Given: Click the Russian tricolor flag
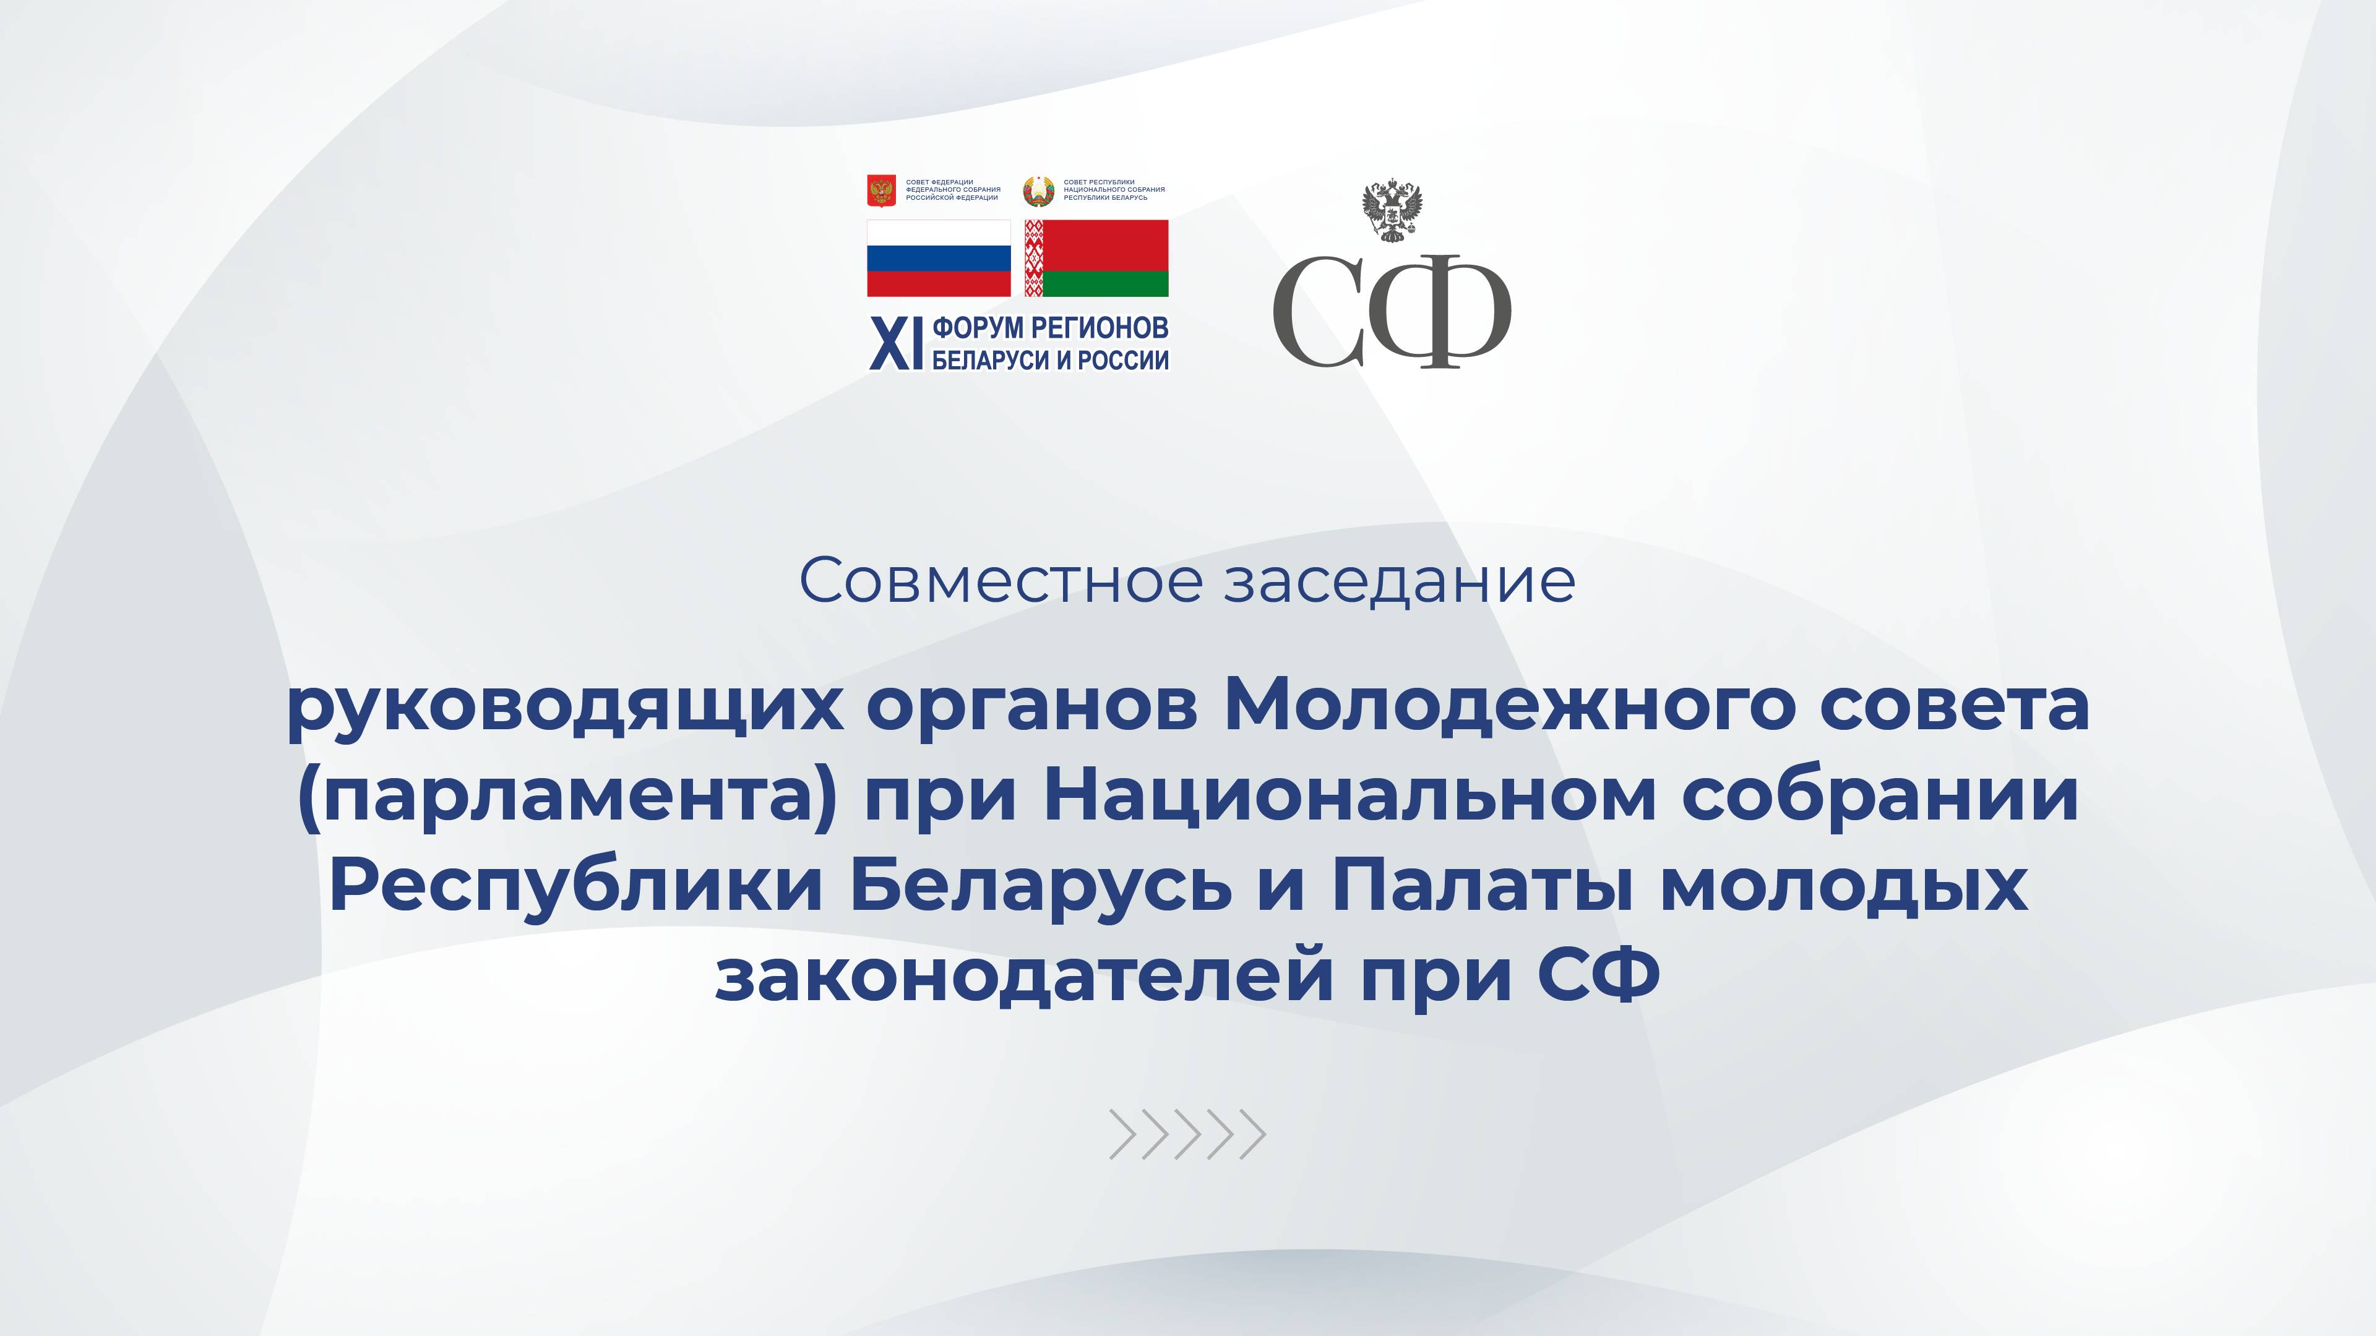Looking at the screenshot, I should click(938, 258).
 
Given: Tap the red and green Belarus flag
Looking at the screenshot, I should click(1096, 258).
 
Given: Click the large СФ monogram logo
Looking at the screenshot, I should click(1392, 310).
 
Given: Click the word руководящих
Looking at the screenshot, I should click(564, 707).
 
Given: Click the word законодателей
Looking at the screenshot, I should click(1025, 975).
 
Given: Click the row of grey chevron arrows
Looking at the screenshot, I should click(1187, 1134).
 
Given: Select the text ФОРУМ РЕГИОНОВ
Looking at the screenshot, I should click(1051, 327).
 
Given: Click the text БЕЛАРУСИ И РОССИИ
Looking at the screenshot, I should click(1051, 359).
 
